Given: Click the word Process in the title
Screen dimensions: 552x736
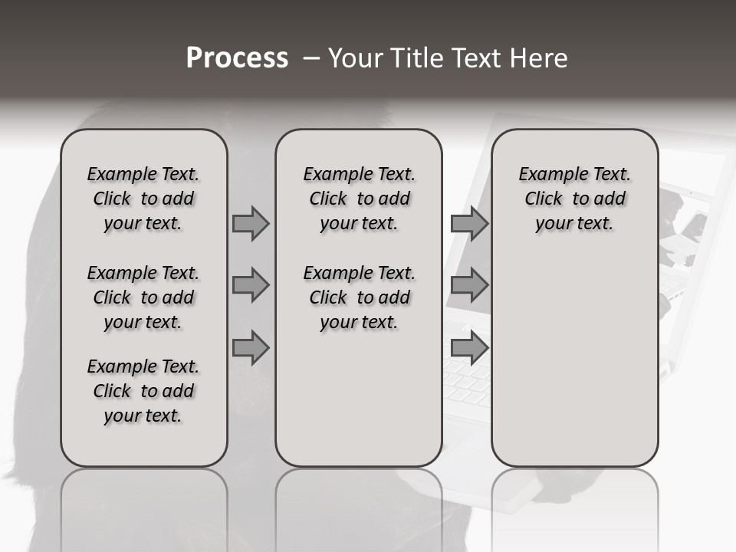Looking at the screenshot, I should [x=237, y=58].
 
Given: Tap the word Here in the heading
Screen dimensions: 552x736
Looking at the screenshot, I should [x=540, y=58].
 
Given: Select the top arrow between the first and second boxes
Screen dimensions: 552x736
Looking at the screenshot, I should [x=250, y=223].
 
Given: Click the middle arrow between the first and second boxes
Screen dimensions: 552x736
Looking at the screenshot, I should [x=250, y=286].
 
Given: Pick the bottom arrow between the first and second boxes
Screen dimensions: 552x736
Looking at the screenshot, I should [x=250, y=348].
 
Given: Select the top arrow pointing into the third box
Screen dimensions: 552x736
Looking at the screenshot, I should [x=469, y=223].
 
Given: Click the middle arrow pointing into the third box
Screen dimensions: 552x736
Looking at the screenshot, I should [x=469, y=286].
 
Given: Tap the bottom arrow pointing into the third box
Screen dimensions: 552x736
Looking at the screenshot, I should [x=469, y=348].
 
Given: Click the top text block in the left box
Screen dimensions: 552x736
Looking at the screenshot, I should [x=143, y=199].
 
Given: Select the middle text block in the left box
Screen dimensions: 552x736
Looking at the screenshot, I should [x=143, y=297].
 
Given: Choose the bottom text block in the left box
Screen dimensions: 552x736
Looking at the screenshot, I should [x=143, y=391].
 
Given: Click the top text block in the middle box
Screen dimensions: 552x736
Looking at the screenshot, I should [x=359, y=199].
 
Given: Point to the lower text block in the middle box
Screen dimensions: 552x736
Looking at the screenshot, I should [x=359, y=297].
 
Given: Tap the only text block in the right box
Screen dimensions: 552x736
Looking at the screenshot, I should [x=574, y=199].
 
